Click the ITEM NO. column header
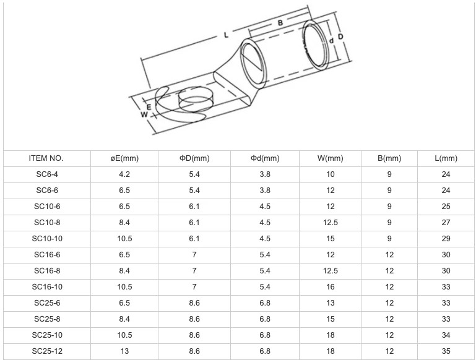click(46, 158)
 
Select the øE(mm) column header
click(124, 158)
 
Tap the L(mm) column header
click(446, 158)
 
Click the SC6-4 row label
click(47, 174)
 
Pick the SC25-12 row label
click(47, 351)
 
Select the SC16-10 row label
click(47, 287)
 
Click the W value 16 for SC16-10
click(331, 287)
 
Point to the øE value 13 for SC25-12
click(124, 351)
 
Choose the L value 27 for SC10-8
click(446, 223)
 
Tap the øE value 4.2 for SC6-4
click(124, 174)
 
